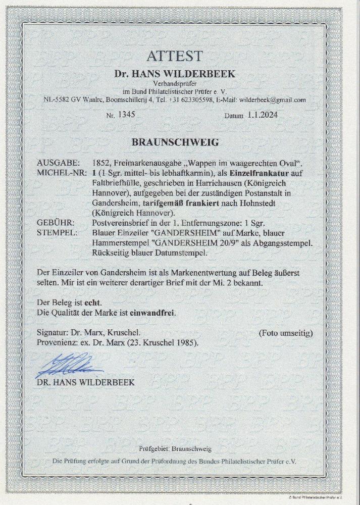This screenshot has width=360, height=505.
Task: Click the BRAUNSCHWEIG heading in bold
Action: coord(175,142)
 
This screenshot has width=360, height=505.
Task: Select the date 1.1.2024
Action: coord(263,115)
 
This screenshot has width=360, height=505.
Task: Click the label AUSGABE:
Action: coord(58,163)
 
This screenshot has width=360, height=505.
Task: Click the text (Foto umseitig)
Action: coord(285,333)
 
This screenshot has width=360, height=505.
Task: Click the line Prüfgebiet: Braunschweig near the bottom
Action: coord(175,449)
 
